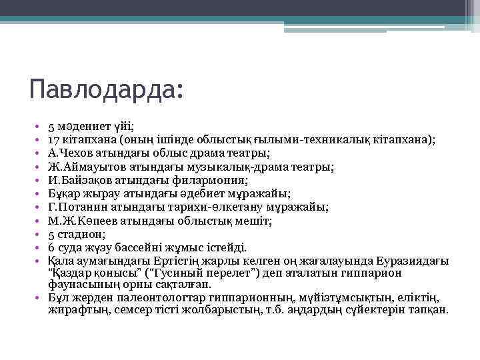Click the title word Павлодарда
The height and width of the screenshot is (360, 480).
(103, 89)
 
